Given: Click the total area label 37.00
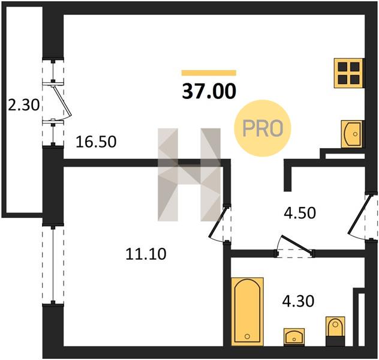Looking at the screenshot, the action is (209, 91).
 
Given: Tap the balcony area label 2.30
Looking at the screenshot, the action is (24, 106).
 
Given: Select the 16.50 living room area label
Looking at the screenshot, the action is (96, 142).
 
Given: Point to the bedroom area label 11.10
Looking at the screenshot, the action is (146, 254).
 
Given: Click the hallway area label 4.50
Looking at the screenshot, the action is (300, 213).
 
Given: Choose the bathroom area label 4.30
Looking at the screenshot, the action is (298, 301).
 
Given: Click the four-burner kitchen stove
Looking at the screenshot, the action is (348, 73).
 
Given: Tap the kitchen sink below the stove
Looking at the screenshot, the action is (352, 134).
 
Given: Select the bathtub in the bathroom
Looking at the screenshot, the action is (247, 311).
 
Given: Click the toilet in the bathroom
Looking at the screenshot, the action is (335, 331).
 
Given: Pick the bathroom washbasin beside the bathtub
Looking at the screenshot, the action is (294, 337).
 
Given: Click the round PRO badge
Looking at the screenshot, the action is (263, 128).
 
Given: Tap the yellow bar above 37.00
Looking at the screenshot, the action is (209, 73).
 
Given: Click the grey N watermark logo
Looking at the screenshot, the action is (189, 175).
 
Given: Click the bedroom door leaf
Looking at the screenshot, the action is (218, 221).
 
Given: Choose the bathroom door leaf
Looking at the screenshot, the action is (296, 244).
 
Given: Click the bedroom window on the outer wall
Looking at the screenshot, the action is (53, 265).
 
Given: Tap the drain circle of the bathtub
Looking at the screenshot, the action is (247, 336).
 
